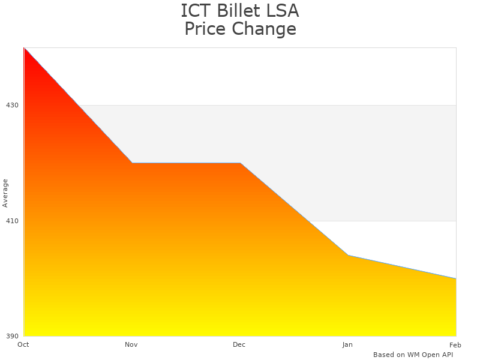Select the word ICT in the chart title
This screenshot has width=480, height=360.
(194, 11)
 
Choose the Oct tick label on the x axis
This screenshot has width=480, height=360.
(23, 344)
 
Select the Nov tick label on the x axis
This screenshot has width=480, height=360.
(131, 344)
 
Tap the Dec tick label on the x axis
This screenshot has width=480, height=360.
(239, 344)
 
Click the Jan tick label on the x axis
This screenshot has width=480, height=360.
(347, 344)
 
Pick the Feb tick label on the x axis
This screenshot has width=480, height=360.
(455, 344)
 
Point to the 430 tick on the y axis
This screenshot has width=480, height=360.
(12, 105)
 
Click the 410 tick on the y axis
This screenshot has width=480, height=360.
(12, 221)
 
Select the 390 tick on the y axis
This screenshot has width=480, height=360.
(12, 336)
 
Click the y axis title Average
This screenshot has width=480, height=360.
(5, 193)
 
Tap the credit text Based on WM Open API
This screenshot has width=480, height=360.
(413, 355)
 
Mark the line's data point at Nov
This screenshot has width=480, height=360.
(132, 163)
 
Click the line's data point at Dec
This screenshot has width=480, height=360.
(240, 163)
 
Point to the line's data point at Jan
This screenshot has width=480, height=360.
(348, 256)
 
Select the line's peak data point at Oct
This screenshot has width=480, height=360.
(24, 47)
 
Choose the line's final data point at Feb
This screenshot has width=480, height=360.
(456, 278)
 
